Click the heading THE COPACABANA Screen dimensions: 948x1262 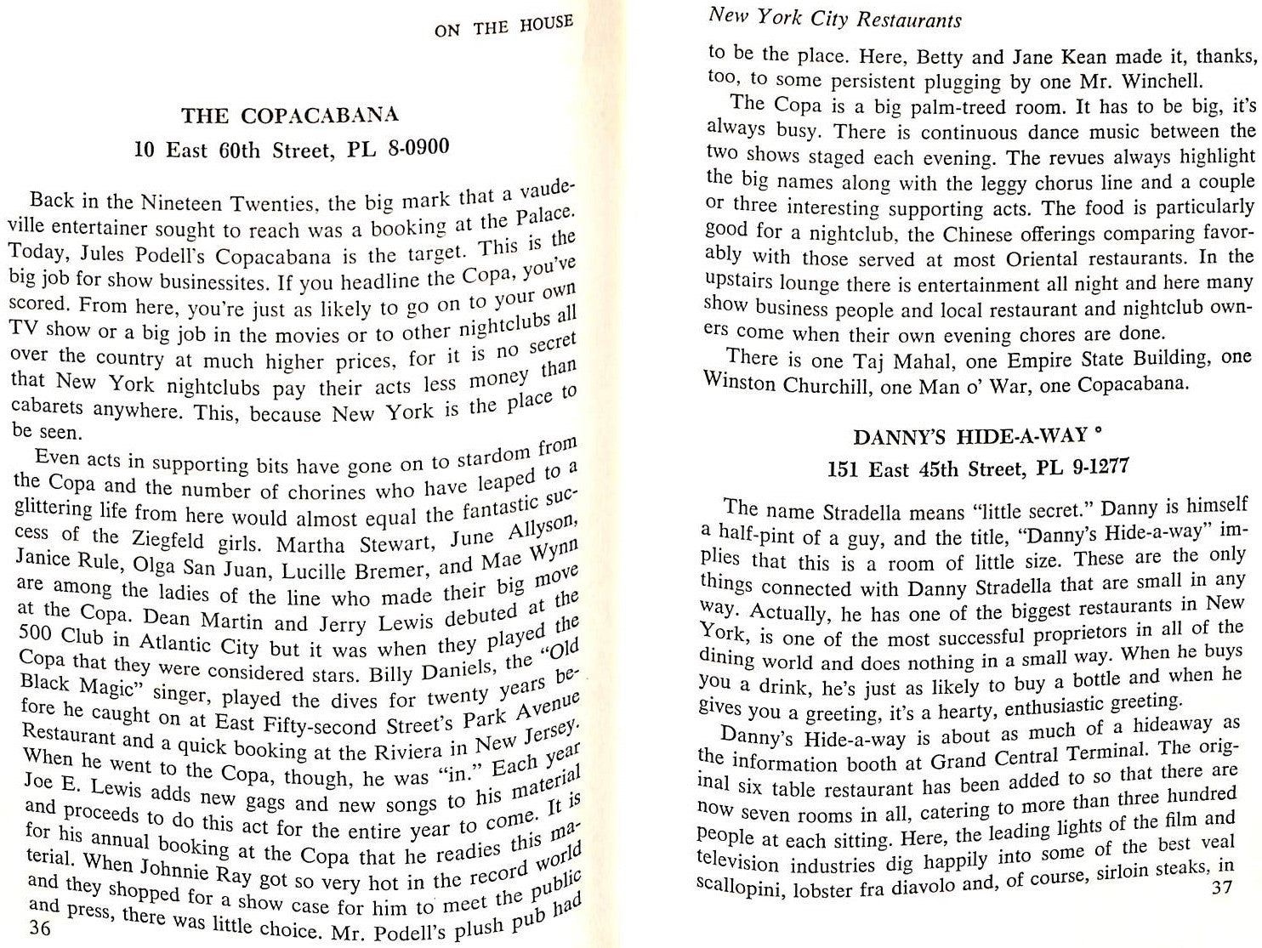(290, 116)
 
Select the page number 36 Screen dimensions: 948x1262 (39, 928)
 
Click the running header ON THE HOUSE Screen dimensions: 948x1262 (503, 26)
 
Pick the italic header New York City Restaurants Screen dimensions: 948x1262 (835, 18)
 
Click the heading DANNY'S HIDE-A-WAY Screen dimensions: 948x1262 (970, 437)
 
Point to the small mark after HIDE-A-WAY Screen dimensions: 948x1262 (1100, 431)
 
